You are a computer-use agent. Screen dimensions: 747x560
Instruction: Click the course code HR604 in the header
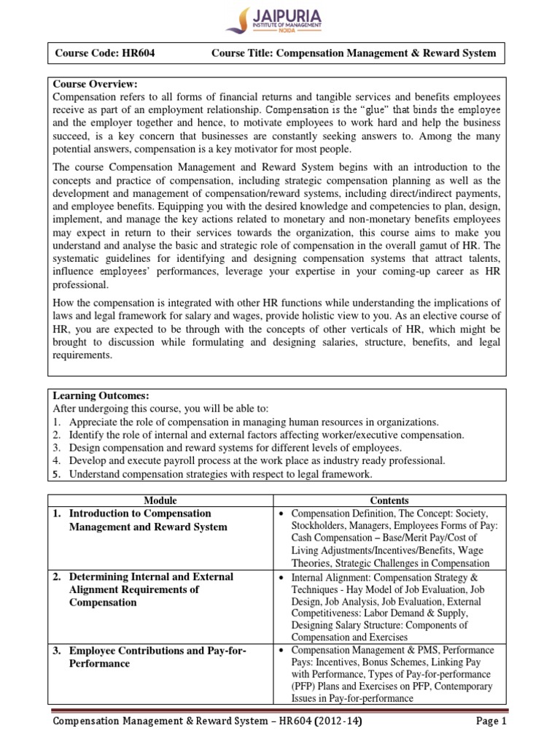(x=136, y=53)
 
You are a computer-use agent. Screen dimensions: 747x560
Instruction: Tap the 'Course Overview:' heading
(x=96, y=84)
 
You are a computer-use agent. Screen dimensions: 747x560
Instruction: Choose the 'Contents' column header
(x=389, y=500)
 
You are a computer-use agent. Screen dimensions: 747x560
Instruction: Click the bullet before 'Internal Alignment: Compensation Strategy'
(x=281, y=577)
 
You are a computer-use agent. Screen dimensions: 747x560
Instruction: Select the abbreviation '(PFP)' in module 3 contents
(x=306, y=686)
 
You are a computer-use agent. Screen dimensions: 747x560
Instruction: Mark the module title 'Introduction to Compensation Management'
(x=140, y=520)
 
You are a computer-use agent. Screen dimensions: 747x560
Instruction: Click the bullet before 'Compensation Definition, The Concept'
(x=281, y=514)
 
